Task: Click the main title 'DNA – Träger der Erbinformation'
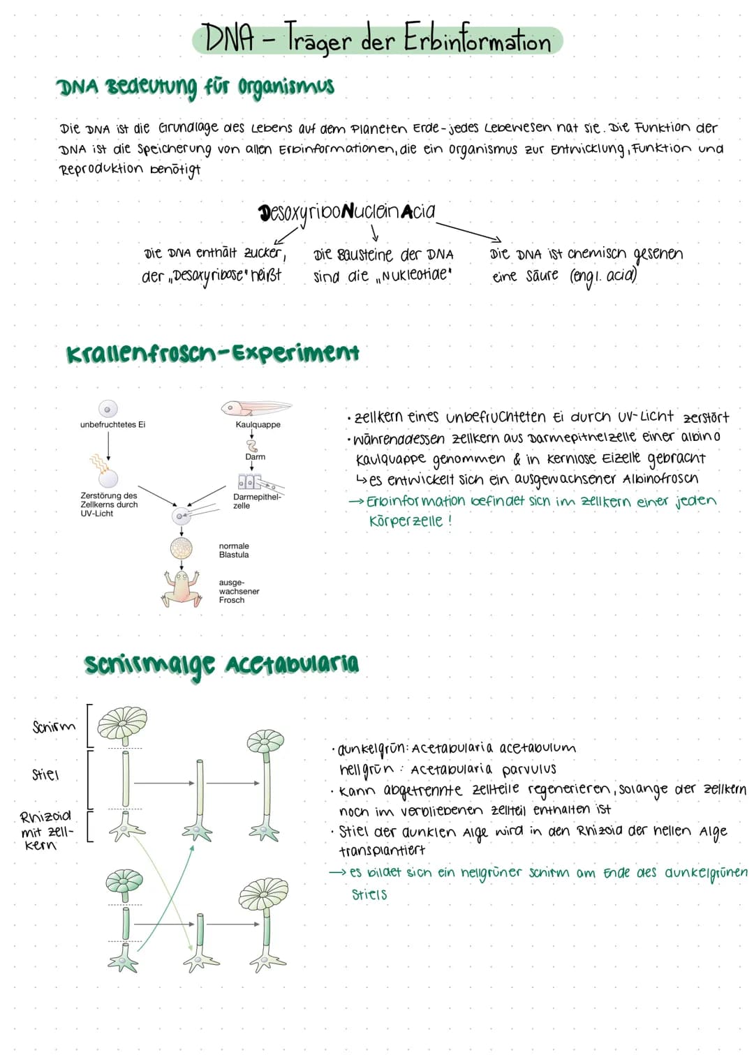click(x=377, y=40)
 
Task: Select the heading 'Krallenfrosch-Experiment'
click(x=213, y=353)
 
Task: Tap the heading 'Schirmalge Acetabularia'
click(x=221, y=664)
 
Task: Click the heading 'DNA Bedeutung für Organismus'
click(x=195, y=87)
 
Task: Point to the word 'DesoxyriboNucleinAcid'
click(x=347, y=211)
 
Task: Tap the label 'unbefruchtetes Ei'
click(x=112, y=424)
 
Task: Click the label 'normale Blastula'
click(x=234, y=550)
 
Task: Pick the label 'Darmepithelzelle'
click(x=257, y=501)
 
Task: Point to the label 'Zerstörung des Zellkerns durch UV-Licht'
click(x=109, y=504)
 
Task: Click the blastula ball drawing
click(x=182, y=548)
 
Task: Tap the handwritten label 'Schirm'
click(x=54, y=726)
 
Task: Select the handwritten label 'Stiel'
click(x=46, y=774)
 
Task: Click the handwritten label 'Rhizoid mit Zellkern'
click(x=46, y=830)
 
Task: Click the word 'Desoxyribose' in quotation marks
click(x=210, y=276)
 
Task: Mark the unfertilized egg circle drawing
click(x=108, y=408)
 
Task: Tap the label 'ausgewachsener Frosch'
click(x=239, y=591)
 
